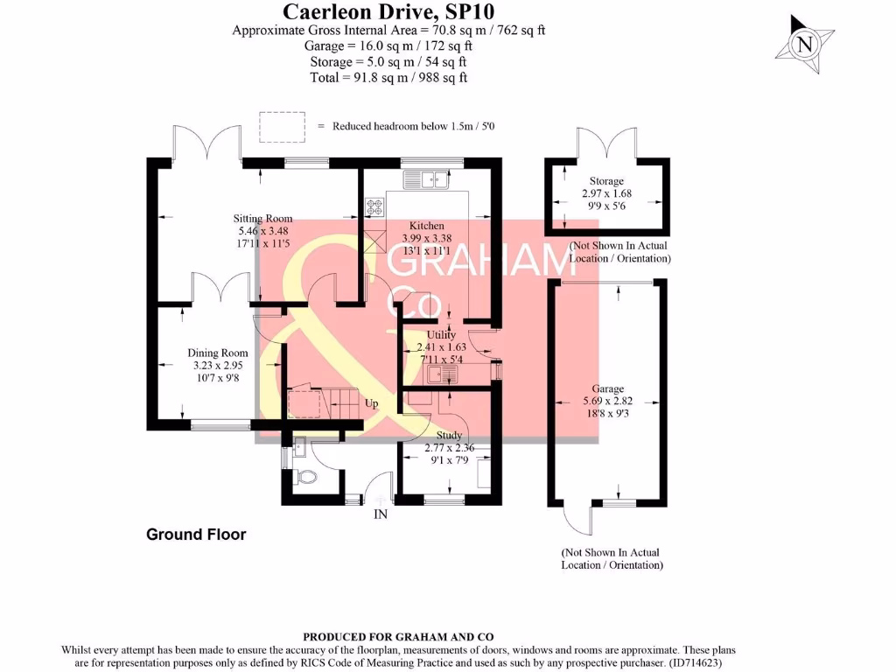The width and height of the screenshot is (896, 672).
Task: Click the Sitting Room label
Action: click(x=262, y=219)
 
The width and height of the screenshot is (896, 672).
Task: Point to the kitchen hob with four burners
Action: click(x=375, y=207)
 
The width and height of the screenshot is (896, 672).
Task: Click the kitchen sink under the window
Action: click(x=425, y=180)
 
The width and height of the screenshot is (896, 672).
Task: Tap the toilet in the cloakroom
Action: click(x=303, y=478)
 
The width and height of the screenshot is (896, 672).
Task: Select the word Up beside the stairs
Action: click(x=372, y=404)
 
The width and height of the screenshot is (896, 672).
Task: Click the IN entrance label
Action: click(x=381, y=514)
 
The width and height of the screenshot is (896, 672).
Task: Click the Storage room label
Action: click(x=606, y=181)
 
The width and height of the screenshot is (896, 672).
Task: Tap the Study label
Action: click(x=449, y=435)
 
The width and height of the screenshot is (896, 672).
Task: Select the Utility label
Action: click(x=441, y=334)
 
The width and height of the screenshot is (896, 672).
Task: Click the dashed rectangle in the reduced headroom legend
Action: click(x=282, y=125)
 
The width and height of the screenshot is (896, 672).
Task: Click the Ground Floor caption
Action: click(x=196, y=535)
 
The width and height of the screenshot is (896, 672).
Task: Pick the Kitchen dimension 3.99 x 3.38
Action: click(x=427, y=238)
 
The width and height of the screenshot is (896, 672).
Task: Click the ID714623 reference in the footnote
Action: click(x=696, y=663)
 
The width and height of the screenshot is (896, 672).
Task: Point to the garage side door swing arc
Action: click(x=577, y=522)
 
